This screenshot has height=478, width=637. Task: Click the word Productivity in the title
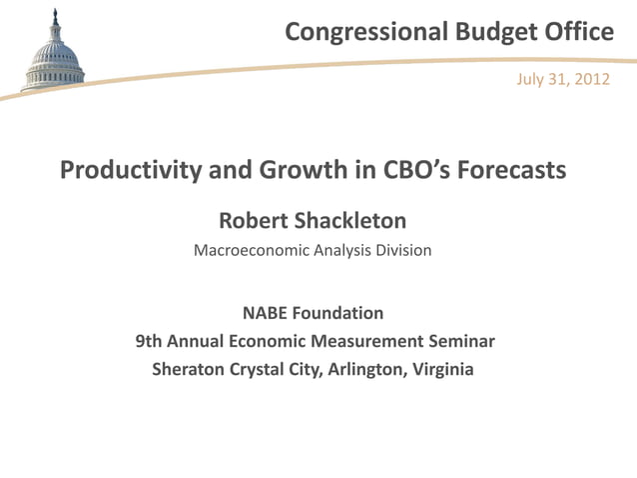pos(131,171)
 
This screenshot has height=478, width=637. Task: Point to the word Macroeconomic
pos(252,250)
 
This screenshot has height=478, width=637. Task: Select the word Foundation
pos(340,314)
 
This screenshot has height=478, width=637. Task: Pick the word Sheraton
pos(188,370)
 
